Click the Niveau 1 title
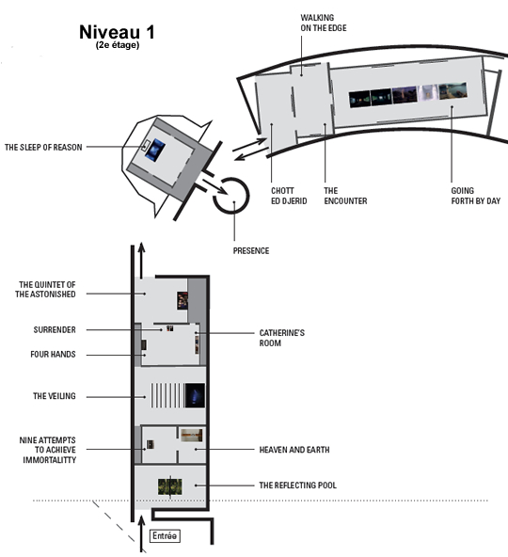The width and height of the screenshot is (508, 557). click(117, 32)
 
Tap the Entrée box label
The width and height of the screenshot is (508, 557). click(165, 535)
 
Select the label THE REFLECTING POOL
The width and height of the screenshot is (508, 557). click(297, 485)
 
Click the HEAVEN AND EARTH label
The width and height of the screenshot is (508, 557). click(294, 450)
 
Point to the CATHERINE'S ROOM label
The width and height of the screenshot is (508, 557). click(281, 338)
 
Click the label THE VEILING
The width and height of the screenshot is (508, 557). click(55, 396)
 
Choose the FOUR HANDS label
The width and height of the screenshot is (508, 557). click(53, 354)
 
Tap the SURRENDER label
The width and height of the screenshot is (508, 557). click(55, 329)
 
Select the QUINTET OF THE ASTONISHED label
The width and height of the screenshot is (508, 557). click(45, 289)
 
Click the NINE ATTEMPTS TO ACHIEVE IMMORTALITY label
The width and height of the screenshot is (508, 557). click(48, 450)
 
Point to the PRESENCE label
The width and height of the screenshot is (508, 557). click(251, 251)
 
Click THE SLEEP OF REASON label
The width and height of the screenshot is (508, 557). click(43, 147)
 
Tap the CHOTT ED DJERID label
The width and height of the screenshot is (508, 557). click(289, 196)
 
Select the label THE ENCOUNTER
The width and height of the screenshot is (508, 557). click(345, 196)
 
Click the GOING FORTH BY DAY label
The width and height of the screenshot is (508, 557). click(476, 196)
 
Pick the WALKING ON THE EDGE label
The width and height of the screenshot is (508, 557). click(324, 23)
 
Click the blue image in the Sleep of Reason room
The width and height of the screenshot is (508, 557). click(155, 150)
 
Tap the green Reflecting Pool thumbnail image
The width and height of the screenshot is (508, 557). click(170, 486)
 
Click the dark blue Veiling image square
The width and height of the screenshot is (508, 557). click(195, 395)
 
